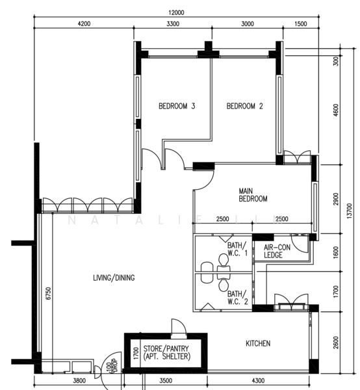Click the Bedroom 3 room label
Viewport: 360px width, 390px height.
(177, 106)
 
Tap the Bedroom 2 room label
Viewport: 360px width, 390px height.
(244, 106)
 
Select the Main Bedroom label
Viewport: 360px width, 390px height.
(253, 195)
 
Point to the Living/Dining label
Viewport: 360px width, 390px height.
(114, 278)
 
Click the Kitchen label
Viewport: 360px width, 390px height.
(258, 343)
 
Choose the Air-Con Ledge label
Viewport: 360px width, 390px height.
(277, 251)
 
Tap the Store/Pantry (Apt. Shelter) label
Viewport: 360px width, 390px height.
(166, 353)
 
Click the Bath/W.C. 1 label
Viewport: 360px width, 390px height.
(237, 249)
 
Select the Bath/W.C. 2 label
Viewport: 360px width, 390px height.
(237, 298)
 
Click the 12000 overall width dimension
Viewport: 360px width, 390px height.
(176, 13)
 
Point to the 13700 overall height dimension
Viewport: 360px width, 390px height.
(350, 211)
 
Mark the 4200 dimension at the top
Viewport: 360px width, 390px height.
(84, 24)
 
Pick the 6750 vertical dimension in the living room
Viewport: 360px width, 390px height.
(49, 293)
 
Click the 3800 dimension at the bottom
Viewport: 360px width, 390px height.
(79, 381)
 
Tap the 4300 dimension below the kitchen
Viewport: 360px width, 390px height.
(258, 381)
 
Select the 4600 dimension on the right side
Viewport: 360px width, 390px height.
(336, 110)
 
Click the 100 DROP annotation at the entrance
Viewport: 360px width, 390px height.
(112, 365)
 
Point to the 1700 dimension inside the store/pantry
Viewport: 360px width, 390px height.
(136, 353)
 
